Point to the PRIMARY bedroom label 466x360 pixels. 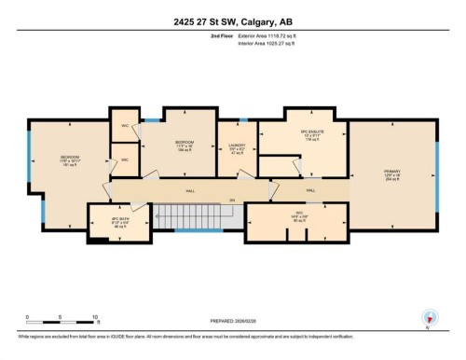390,173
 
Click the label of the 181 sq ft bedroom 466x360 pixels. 71,160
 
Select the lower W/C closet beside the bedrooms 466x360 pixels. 124,160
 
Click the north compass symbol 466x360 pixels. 430,318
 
